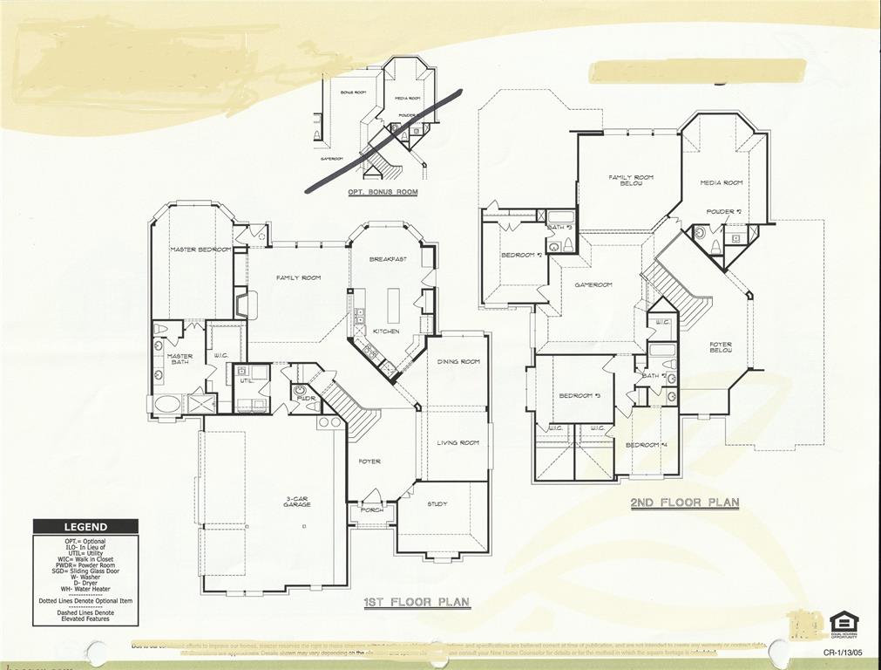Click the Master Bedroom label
click(x=200, y=250)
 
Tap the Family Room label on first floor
click(x=299, y=277)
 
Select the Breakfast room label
click(x=388, y=259)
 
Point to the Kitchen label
click(x=386, y=332)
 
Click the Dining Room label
click(x=458, y=361)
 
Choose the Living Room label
click(x=458, y=442)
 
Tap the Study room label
click(x=437, y=504)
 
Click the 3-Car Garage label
click(x=297, y=502)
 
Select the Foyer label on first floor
click(x=369, y=461)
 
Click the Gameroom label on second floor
click(x=593, y=284)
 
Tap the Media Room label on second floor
click(x=722, y=182)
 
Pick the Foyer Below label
click(x=721, y=348)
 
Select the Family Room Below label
click(x=631, y=181)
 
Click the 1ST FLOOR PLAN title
click(x=417, y=602)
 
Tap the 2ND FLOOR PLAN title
click(x=685, y=502)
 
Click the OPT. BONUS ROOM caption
click(x=383, y=192)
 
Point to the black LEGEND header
click(x=85, y=527)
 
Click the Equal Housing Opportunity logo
click(x=844, y=626)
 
